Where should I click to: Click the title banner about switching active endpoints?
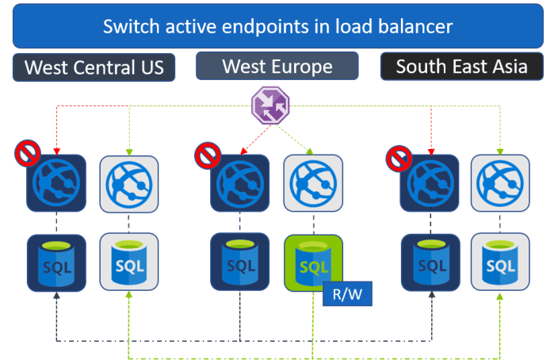point(277,26)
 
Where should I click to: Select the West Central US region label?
point(94,67)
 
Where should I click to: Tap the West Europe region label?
point(277,66)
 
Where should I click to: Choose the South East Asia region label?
point(461,66)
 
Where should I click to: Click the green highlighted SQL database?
point(313,263)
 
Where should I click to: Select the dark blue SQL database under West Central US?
point(55,262)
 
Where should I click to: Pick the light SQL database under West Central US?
point(128,262)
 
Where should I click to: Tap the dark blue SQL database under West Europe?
point(239,262)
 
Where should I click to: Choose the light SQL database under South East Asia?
point(500,262)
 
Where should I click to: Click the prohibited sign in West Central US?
point(25,153)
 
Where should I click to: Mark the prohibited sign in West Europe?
point(208,153)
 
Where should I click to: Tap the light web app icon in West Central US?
point(128,183)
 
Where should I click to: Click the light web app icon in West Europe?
point(313,183)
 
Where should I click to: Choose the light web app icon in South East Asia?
point(500,183)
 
